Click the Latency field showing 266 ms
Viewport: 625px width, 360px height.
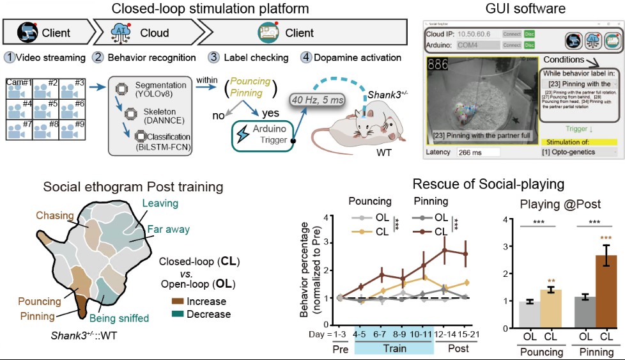pyautogui.click(x=477, y=171)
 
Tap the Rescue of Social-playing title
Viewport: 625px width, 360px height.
pyautogui.click(x=488, y=184)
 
